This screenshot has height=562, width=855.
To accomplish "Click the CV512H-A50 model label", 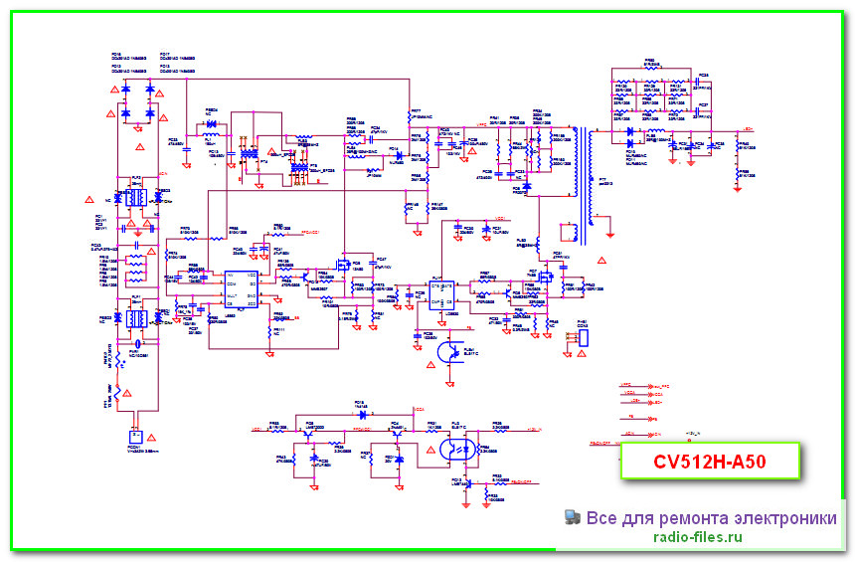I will pyautogui.click(x=711, y=463).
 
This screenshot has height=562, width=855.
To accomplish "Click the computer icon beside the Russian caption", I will pyautogui.click(x=573, y=517).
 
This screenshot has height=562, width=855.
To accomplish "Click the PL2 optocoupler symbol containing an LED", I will pyautogui.click(x=459, y=450).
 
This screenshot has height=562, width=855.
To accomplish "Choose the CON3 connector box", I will pyautogui.click(x=583, y=338).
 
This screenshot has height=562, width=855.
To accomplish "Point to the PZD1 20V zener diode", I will pyautogui.click(x=399, y=461).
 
